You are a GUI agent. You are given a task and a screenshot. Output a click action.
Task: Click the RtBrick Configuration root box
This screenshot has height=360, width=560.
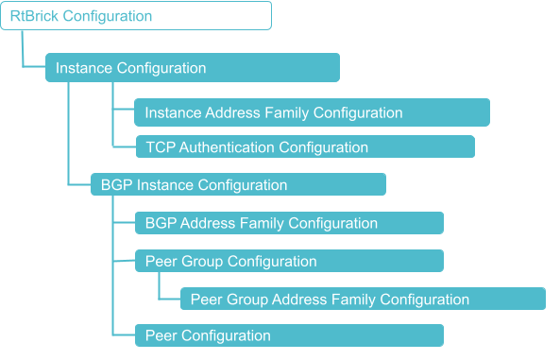click(x=136, y=16)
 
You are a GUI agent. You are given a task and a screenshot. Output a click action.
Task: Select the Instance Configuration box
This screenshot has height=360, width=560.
click(x=193, y=68)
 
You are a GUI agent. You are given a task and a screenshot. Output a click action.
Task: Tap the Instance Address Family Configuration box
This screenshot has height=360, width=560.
click(x=312, y=112)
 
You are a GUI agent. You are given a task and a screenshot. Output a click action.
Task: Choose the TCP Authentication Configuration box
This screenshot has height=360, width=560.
click(x=304, y=147)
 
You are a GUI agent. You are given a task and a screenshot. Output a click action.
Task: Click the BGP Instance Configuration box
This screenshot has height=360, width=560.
click(x=238, y=185)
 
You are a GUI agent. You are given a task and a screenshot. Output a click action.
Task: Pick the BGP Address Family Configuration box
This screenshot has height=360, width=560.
click(x=289, y=223)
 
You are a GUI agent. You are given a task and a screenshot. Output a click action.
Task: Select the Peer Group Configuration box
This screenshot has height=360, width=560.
click(x=289, y=261)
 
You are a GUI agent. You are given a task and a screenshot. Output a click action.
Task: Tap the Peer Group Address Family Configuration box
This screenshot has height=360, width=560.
click(x=363, y=300)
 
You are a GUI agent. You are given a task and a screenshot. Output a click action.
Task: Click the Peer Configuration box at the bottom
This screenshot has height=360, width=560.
click(x=289, y=335)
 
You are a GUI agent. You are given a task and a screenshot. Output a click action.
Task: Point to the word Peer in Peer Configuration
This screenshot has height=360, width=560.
click(x=161, y=335)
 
